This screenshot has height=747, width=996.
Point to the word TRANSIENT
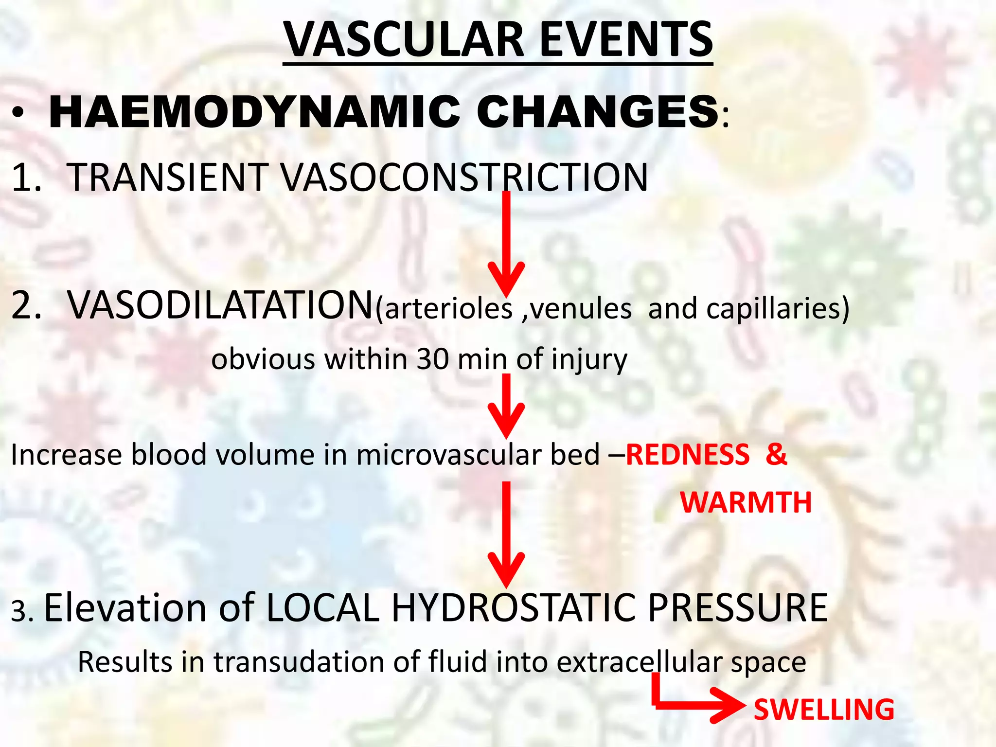click(167, 177)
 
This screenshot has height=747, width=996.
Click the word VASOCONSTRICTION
click(464, 177)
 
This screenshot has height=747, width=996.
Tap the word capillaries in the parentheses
click(773, 309)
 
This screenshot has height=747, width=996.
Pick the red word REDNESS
click(688, 455)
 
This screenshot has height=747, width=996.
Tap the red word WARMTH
click(746, 502)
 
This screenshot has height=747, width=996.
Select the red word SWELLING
click(824, 710)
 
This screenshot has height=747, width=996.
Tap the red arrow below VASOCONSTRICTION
click(506, 243)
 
